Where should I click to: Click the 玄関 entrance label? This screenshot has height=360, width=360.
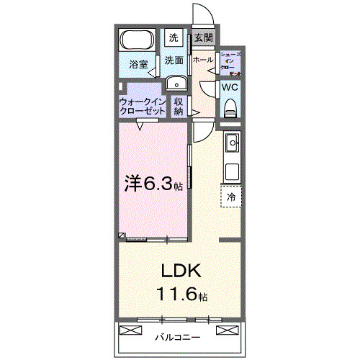point(203,38)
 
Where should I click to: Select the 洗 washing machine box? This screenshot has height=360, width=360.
point(174,37)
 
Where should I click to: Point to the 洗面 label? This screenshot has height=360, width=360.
point(174,60)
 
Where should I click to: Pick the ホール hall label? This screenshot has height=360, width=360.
point(203,60)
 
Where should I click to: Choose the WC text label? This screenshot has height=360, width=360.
point(230,87)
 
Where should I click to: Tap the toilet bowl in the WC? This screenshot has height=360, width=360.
point(230,107)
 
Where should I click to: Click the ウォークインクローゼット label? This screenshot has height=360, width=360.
point(143,107)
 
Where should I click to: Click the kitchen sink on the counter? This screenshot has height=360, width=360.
point(232,145)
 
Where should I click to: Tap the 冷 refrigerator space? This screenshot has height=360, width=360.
point(232,196)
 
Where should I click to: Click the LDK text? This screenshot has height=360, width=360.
point(180,272)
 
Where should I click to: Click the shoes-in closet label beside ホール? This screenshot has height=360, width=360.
point(230,64)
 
